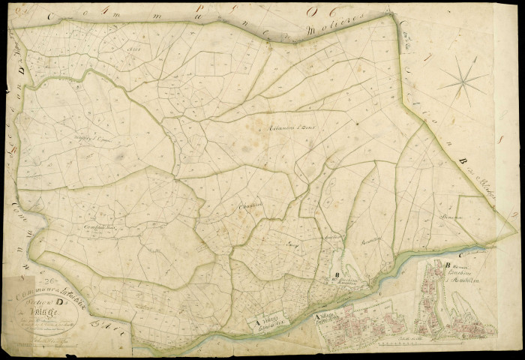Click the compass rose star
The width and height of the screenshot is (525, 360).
(462, 77)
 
